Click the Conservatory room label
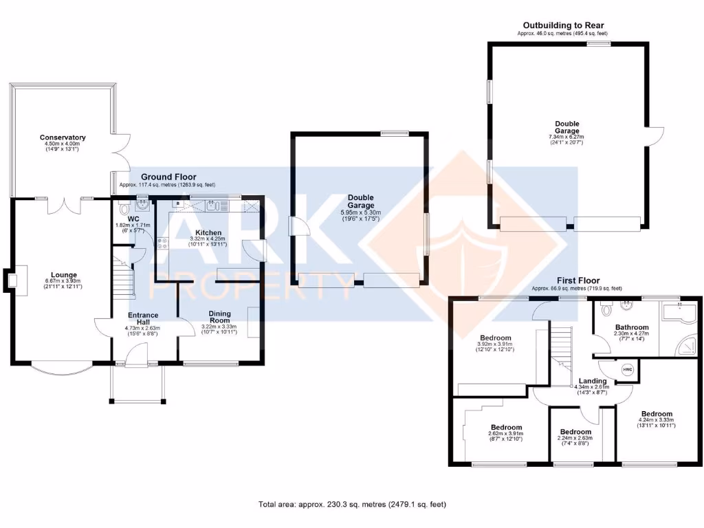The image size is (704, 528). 63,137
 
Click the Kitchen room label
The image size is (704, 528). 208,232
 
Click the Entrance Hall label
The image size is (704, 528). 142,319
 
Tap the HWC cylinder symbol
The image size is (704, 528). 626,370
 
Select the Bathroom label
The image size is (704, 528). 632,327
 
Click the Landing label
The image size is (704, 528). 592,381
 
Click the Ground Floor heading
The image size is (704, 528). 168,177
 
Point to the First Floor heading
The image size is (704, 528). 577,280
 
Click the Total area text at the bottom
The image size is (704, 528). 352,504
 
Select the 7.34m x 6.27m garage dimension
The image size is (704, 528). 566,137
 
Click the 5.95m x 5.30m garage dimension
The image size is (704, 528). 361,213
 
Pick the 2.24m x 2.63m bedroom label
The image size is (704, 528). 575,438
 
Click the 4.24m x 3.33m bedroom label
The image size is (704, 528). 656,419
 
